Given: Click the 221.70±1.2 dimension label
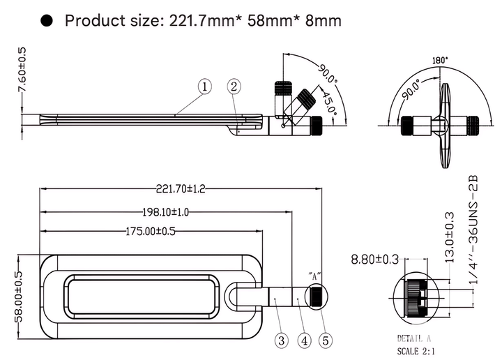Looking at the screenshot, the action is point(181,188).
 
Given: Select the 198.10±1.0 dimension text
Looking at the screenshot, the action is point(165,212).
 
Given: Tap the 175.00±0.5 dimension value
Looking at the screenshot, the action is point(151,231).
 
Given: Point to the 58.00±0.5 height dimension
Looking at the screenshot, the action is point(19,297).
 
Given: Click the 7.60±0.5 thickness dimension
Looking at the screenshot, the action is point(22,70).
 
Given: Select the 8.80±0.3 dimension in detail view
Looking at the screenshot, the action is point(375,259).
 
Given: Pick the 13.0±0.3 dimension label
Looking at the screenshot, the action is point(450,237).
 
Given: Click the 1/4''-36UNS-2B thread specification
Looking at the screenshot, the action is point(473,230).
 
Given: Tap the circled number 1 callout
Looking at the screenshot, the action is point(205,87).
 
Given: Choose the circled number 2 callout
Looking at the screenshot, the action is point(234,87).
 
